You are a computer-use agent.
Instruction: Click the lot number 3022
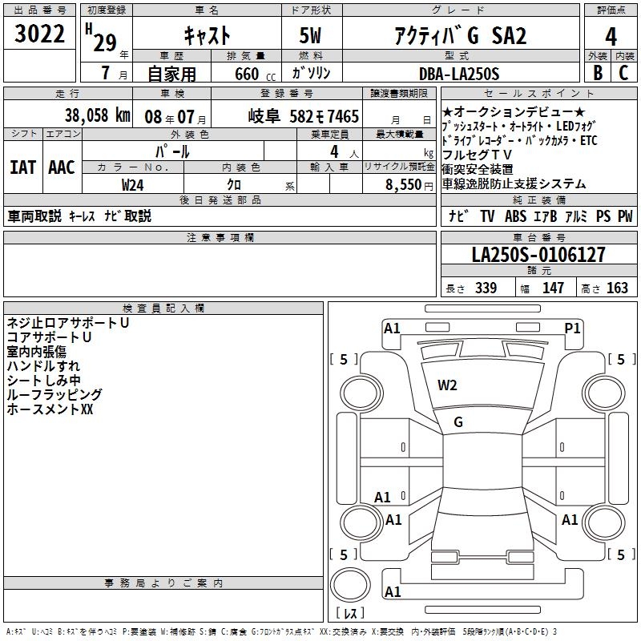39,35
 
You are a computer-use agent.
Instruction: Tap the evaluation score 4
611,37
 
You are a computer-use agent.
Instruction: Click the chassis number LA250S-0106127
538,256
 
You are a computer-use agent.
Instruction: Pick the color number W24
132,184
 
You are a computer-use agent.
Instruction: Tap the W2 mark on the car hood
447,385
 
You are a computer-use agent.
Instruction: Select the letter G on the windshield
458,422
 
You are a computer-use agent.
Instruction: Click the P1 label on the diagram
572,328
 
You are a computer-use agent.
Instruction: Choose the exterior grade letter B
597,74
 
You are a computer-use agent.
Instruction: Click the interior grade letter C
623,74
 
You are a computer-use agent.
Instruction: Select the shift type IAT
23,167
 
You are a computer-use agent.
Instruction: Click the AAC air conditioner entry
62,167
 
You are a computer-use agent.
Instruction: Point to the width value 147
553,288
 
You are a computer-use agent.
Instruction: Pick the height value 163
617,288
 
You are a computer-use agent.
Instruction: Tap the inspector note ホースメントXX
50,409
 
